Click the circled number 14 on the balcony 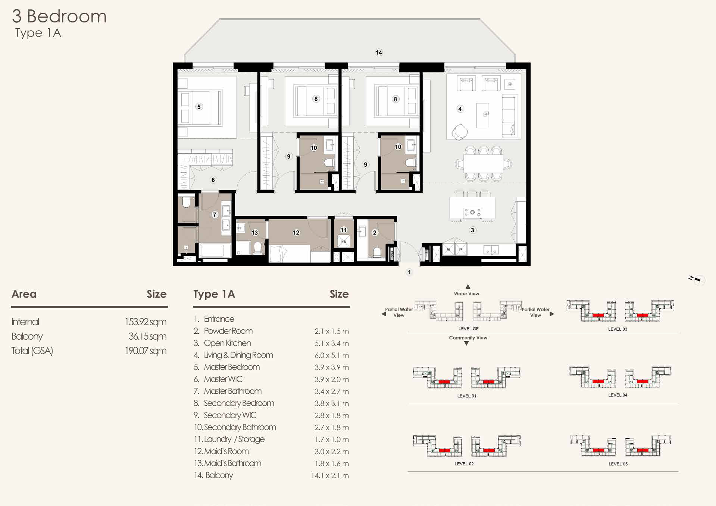click(x=379, y=53)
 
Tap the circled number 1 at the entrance click(x=409, y=272)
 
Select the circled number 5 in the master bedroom click(x=199, y=107)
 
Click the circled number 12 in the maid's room click(x=296, y=233)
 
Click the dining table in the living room click(x=483, y=163)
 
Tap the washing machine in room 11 click(x=344, y=241)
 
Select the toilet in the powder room click(x=377, y=252)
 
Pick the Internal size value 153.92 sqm click(x=146, y=322)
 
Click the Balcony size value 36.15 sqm click(x=147, y=336)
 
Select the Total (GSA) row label click(x=32, y=351)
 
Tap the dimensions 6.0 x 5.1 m click(x=331, y=355)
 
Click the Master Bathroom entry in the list click(x=232, y=391)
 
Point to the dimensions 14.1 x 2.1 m click(x=330, y=475)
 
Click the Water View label click(x=466, y=294)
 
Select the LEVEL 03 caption click(x=617, y=329)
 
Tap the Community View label click(x=468, y=338)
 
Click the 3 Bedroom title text click(x=59, y=16)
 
